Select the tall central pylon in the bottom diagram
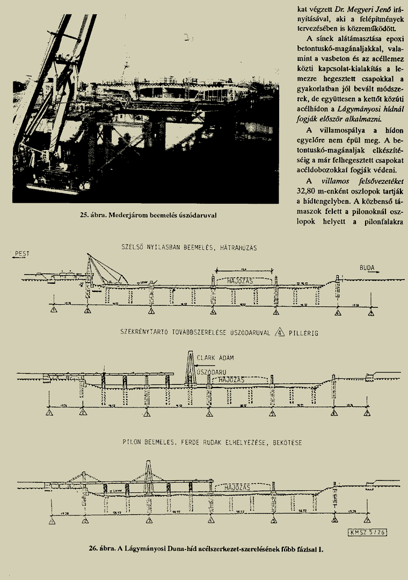pos(149,476)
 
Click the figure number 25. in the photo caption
pos(84,216)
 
